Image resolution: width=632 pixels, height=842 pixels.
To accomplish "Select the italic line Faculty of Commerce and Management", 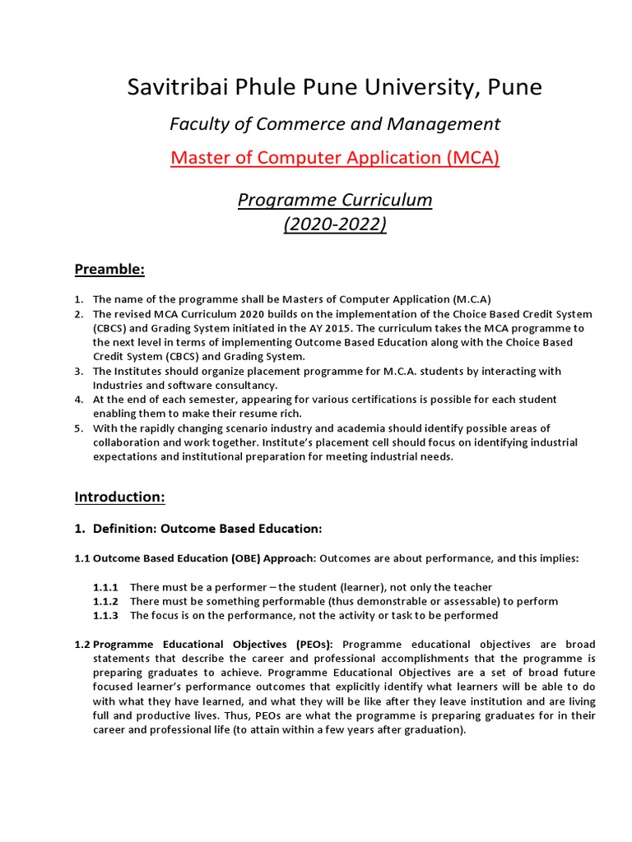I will (334, 124).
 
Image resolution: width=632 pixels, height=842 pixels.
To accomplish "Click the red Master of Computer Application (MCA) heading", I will (334, 158).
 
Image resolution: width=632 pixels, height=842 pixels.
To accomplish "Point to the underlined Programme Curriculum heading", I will (334, 200).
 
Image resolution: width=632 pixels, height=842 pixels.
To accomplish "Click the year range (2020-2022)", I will (334, 224).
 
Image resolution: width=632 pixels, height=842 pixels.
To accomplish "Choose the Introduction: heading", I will (119, 497).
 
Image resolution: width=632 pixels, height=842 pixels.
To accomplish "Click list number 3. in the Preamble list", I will (79, 372).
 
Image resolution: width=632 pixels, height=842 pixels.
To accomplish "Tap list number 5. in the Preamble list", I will (79, 428).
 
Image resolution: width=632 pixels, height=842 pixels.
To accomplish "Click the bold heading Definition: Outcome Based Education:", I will (207, 528).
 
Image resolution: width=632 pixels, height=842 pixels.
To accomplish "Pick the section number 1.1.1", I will (106, 587).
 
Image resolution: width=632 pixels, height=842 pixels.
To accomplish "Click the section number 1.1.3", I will (106, 615).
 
